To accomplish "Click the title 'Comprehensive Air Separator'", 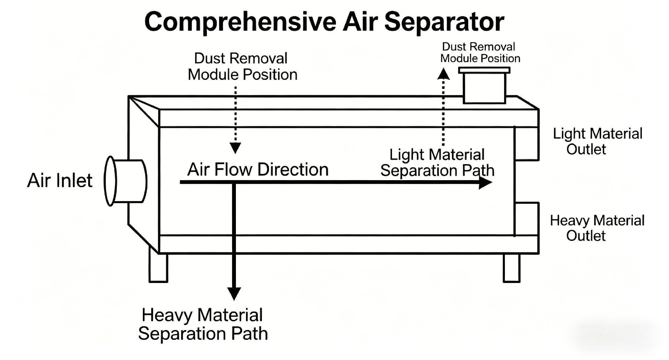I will (324, 22).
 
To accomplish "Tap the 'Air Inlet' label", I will (60, 181).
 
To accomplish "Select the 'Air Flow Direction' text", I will (258, 170).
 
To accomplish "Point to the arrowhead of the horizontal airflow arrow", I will (486, 182).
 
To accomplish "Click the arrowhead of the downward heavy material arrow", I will (234, 293).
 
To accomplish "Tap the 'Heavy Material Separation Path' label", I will (203, 324).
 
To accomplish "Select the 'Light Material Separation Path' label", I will (437, 163).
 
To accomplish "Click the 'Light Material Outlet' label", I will (597, 141).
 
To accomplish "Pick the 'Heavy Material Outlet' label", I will (597, 228).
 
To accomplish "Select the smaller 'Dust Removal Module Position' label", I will (480, 53).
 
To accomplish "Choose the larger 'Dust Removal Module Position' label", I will (242, 67).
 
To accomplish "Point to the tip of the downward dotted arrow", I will (236, 149).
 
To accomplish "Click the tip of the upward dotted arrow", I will (443, 72).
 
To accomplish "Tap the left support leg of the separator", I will (158, 268).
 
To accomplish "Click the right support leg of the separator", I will (512, 268).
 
